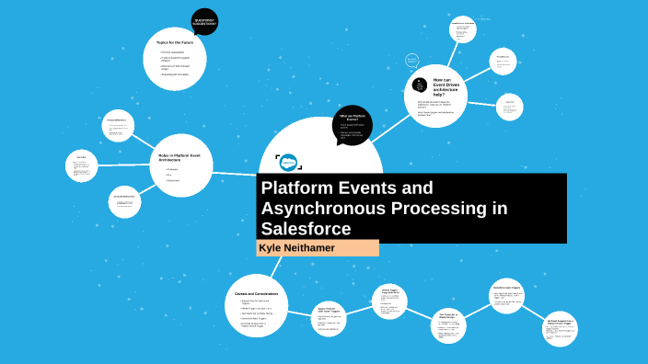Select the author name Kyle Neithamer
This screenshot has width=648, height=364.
pos(296,249)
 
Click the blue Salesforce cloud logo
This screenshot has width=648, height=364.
pos(288,160)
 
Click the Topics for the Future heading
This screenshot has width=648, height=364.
pos(174,42)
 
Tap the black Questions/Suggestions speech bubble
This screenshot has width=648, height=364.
pos(204,21)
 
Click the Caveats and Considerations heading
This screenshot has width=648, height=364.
pos(257,293)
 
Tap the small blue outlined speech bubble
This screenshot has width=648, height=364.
pos(412,61)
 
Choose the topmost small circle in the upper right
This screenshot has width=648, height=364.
pos(463,28)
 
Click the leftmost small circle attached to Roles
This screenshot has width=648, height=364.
pos(81,165)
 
